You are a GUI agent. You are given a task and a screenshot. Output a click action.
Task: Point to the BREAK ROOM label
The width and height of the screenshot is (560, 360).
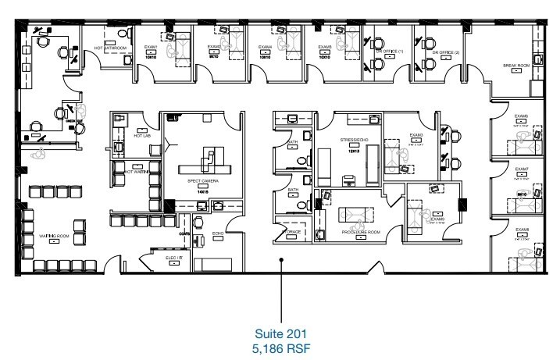(516, 66)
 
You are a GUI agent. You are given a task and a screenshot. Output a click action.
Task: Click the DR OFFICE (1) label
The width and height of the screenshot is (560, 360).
(389, 51)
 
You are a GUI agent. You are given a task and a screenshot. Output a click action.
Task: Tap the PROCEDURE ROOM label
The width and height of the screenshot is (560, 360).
(360, 231)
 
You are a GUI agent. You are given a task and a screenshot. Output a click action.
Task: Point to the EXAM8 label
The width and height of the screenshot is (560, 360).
(521, 231)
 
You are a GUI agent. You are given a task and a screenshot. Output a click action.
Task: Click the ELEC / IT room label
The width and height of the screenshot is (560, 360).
(173, 256)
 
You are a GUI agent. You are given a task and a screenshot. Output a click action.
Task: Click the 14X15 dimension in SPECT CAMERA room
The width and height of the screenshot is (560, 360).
(202, 190)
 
